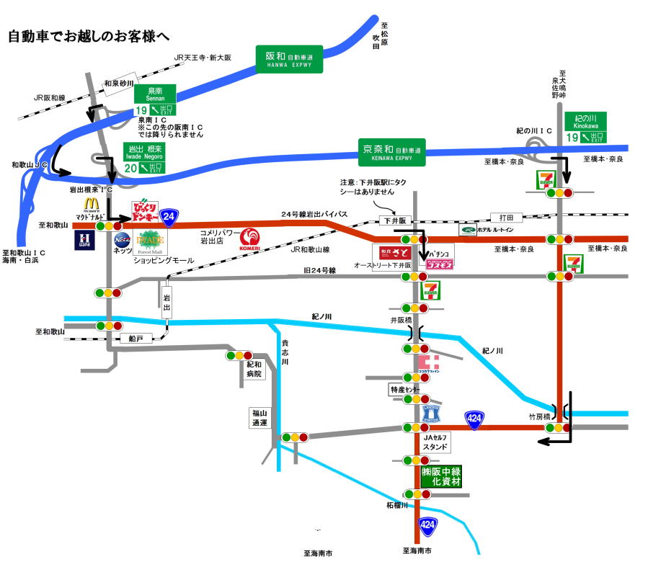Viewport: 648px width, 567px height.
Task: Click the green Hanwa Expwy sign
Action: pyautogui.click(x=290, y=59)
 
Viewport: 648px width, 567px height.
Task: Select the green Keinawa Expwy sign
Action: pyautogui.click(x=392, y=152)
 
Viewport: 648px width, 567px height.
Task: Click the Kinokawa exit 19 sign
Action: pyautogui.click(x=585, y=128)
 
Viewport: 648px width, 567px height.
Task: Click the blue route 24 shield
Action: pyautogui.click(x=169, y=215)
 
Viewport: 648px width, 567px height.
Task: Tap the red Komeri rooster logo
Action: pyautogui.click(x=249, y=238)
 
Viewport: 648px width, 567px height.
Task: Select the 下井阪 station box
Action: pyautogui.click(x=391, y=220)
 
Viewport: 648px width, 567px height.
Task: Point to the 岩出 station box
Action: pyautogui.click(x=167, y=299)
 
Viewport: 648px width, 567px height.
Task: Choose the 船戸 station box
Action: pyautogui.click(x=136, y=338)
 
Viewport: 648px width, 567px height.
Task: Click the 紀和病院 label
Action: pyautogui.click(x=253, y=370)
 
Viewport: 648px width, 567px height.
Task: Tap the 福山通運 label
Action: pyautogui.click(x=259, y=418)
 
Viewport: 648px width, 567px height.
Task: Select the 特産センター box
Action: pyautogui.click(x=404, y=389)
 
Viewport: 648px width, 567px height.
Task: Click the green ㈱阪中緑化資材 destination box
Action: pyautogui.click(x=442, y=476)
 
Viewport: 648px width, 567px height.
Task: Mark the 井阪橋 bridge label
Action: pyautogui.click(x=400, y=319)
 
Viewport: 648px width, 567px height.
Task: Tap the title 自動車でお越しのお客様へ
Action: pyautogui.click(x=89, y=36)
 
